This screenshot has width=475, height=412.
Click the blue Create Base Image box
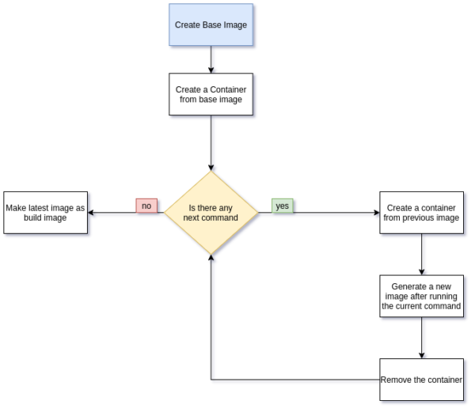211,25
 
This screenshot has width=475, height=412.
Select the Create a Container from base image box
211,94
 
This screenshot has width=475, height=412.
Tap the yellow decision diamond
211,213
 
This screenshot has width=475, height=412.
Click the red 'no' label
146,206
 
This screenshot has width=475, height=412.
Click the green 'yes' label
282,206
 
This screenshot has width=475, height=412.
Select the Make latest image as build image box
45,213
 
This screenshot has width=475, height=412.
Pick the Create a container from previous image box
420,213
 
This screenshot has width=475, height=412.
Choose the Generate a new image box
420,295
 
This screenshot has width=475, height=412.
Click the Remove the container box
420,380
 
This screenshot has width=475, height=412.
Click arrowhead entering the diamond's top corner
211,166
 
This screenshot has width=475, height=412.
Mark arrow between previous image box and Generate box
420,253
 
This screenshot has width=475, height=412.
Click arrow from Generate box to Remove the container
420,338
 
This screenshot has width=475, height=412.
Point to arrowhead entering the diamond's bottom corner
211,260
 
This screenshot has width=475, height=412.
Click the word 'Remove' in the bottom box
397,380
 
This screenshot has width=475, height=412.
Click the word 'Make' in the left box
17,208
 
